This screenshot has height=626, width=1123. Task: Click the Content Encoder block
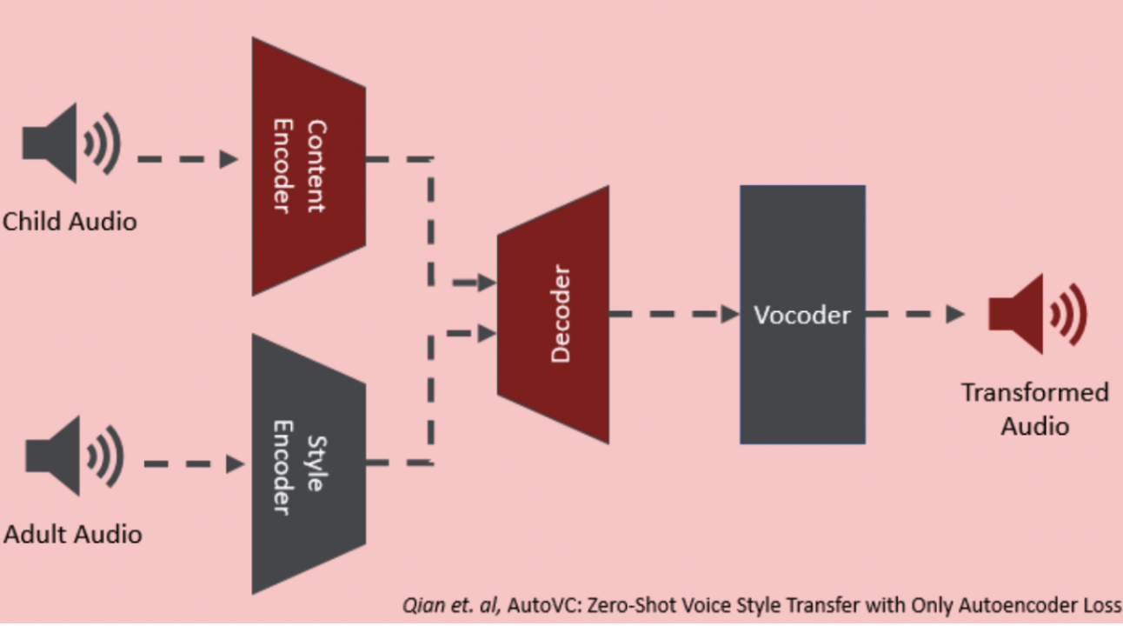(x=309, y=167)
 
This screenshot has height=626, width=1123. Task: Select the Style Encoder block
(x=309, y=464)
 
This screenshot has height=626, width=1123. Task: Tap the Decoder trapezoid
(x=553, y=315)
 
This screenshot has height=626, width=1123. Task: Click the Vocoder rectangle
(x=802, y=315)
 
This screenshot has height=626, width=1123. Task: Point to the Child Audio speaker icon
(x=71, y=143)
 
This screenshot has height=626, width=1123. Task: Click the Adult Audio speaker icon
(x=74, y=456)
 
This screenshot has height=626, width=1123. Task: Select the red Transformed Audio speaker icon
(x=1038, y=314)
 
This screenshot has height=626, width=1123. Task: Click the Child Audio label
(x=70, y=221)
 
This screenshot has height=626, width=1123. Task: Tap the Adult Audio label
(x=73, y=534)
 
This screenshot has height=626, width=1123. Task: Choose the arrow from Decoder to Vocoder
(x=674, y=314)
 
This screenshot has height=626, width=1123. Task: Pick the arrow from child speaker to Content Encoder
(x=188, y=159)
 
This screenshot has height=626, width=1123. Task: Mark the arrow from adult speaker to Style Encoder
(x=195, y=464)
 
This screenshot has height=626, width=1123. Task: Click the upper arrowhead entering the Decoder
(x=487, y=283)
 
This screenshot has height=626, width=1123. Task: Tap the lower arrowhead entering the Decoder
(x=487, y=333)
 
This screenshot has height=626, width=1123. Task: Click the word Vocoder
(x=802, y=315)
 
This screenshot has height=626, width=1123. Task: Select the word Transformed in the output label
(x=1034, y=392)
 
